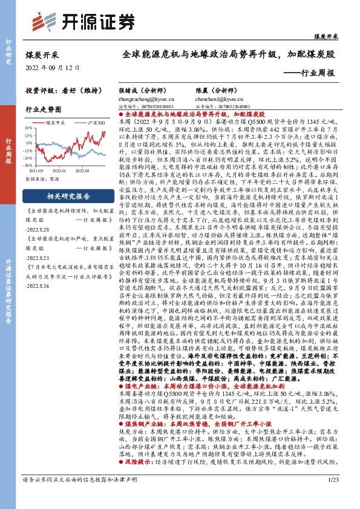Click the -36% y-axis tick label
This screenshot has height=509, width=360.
[x=28, y=164]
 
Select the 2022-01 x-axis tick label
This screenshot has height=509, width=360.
[x=65, y=170]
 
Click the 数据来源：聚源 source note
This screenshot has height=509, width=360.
[x=42, y=180]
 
